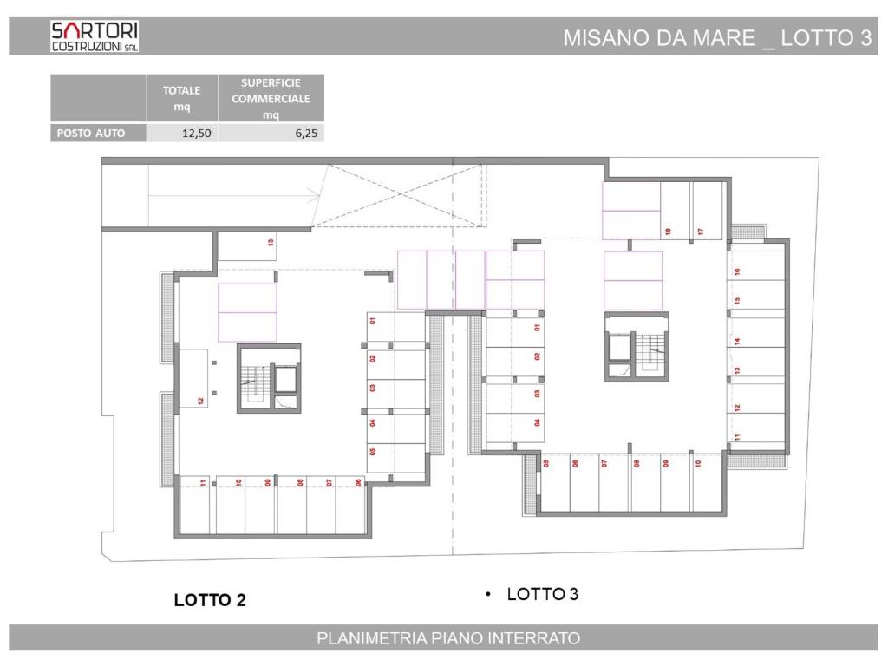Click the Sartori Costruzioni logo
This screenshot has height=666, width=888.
tap(95, 36)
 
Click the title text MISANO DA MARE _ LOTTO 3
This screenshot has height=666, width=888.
tap(717, 38)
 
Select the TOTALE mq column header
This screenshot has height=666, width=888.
tap(182, 98)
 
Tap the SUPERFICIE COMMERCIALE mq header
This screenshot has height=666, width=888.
tap(271, 98)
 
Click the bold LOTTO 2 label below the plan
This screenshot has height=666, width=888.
tap(210, 599)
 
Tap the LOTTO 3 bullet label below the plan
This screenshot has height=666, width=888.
tap(542, 594)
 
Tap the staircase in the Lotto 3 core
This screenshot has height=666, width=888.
tap(652, 350)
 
